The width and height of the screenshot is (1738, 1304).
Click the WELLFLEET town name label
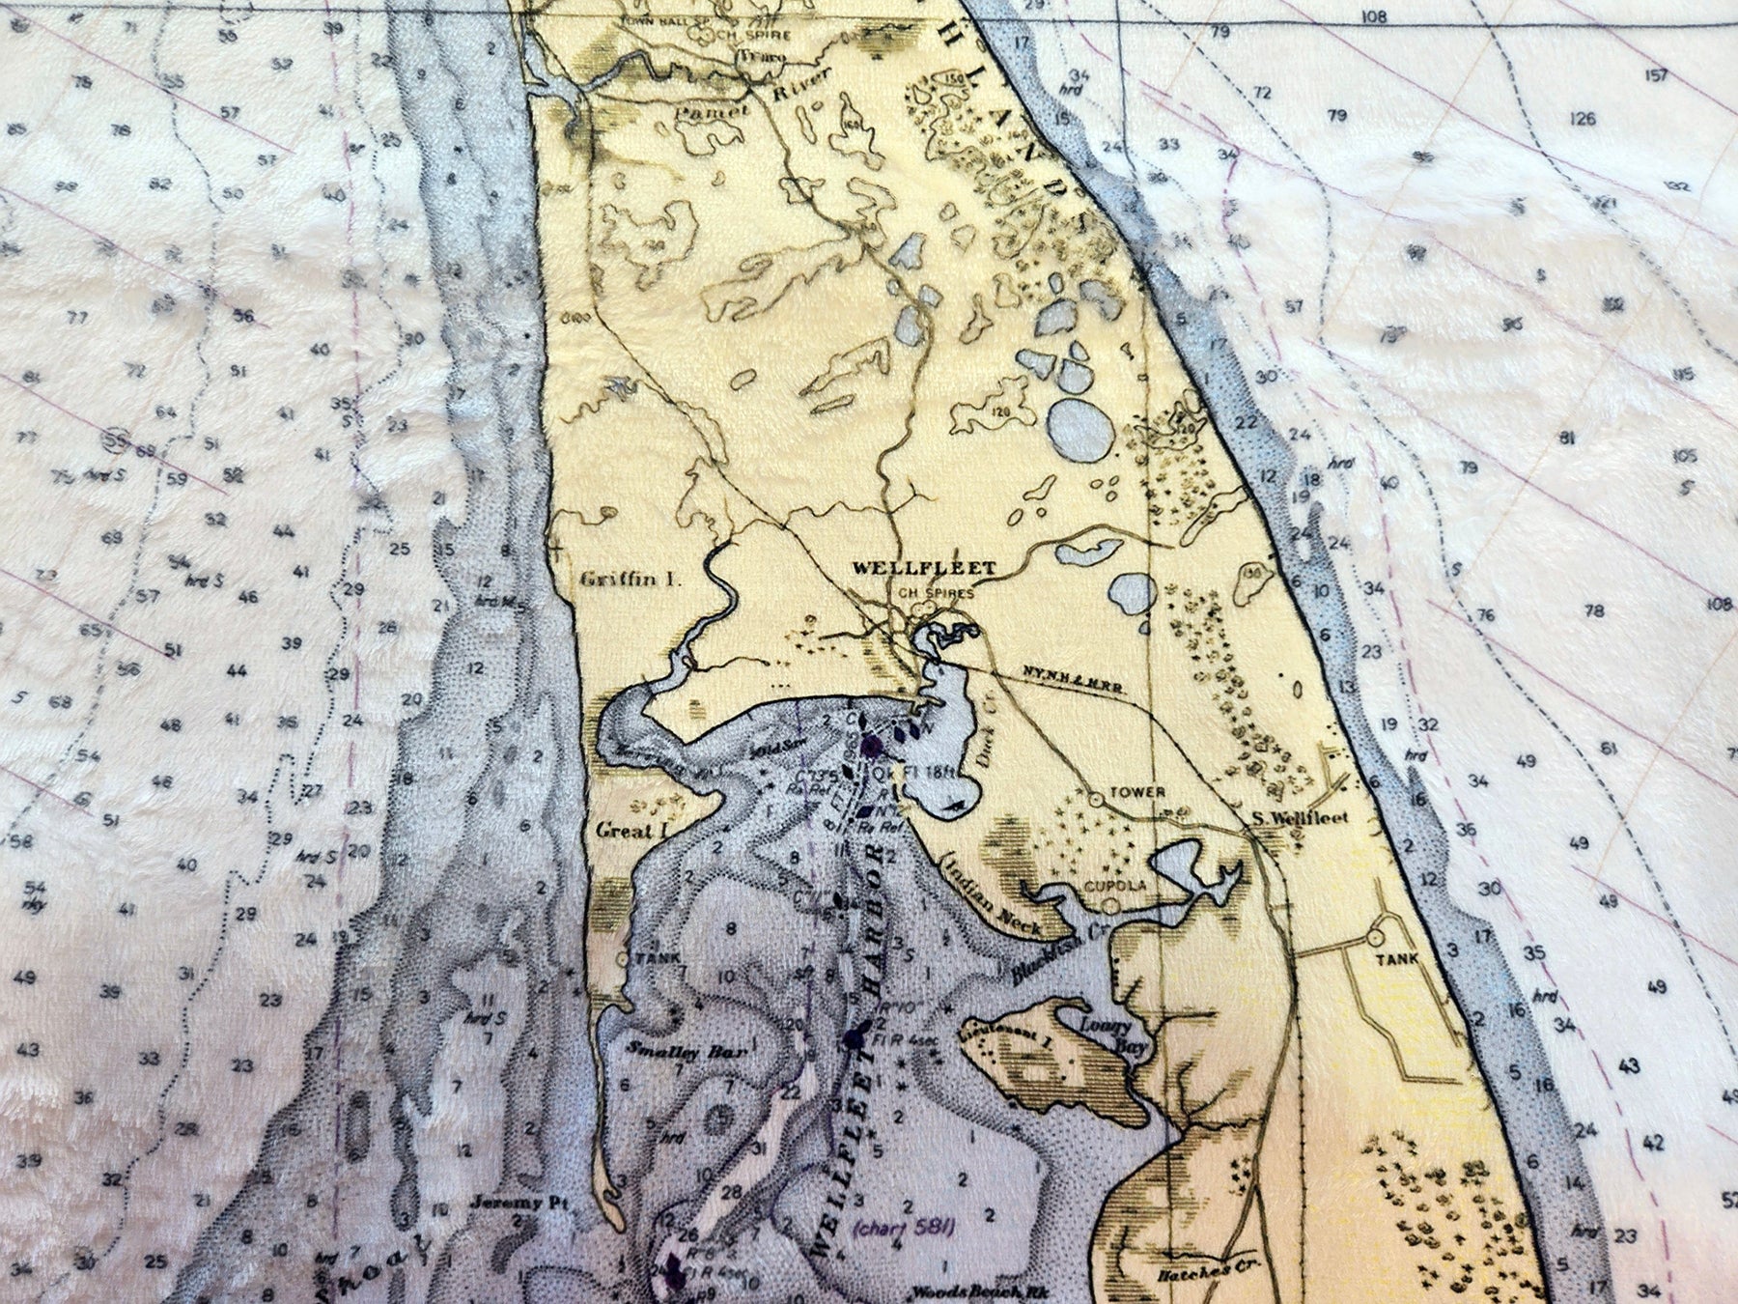point(923,569)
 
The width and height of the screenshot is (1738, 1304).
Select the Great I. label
point(632,831)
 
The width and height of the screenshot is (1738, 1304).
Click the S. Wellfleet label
point(1300,818)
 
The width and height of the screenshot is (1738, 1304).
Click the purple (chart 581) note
point(903,1228)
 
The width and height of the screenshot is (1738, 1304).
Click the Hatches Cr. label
point(1195,1272)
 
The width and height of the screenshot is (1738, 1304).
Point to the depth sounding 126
point(1582,119)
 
